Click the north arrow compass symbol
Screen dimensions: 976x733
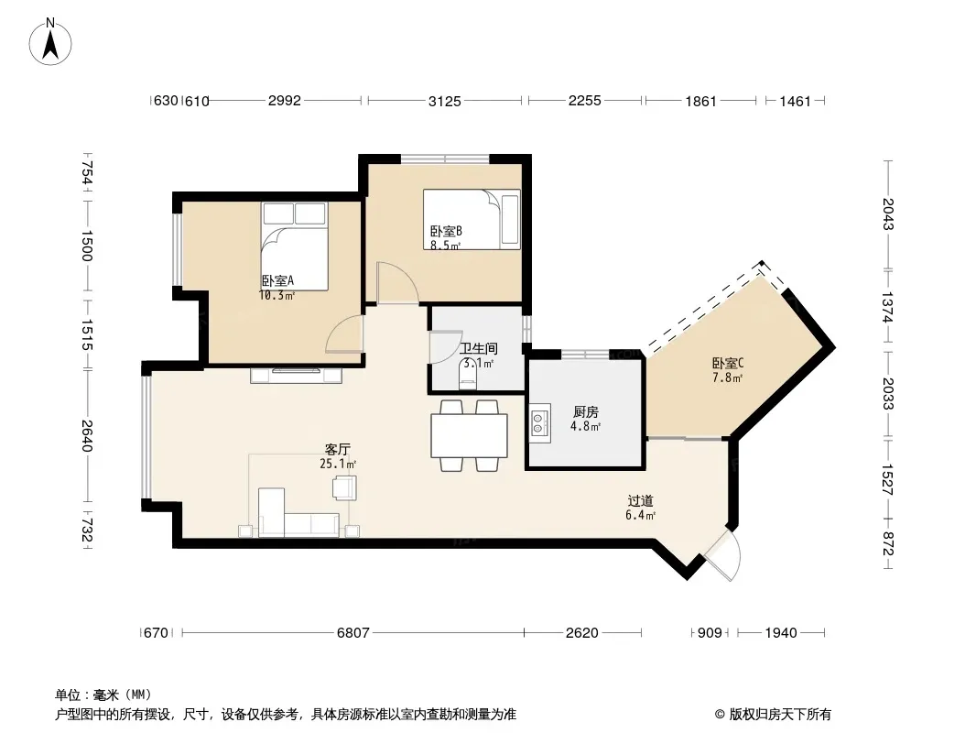pos(50,42)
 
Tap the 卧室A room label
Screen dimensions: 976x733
pos(277,281)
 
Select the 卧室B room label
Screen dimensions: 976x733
pos(446,232)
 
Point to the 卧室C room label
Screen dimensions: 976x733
pos(728,363)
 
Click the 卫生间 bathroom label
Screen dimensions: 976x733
pos(478,349)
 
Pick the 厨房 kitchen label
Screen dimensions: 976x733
pos(585,411)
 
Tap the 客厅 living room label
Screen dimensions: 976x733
pos(337,449)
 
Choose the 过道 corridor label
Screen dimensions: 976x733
pos(640,500)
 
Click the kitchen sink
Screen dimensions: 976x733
pos(539,423)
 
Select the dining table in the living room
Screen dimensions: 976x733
pos(470,436)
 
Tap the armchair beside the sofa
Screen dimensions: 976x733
pos(345,487)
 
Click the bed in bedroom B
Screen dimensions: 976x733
pos(472,219)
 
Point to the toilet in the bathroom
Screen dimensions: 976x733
pos(468,377)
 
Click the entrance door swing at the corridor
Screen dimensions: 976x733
pos(724,555)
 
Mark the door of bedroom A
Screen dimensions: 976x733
pos(344,334)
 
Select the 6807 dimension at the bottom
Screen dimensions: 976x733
pos(352,633)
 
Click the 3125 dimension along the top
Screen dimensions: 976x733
pos(444,101)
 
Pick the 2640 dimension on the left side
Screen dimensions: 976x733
pos(86,436)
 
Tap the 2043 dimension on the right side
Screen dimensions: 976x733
pos(888,214)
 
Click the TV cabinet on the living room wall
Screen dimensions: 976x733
pos(297,375)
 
